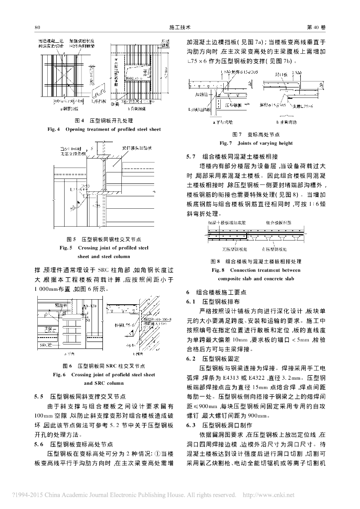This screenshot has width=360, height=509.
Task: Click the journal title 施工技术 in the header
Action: pos(180,27)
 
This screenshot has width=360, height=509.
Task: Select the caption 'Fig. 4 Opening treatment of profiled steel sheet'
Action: pos(104,129)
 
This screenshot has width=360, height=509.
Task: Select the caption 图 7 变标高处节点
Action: pos(256,135)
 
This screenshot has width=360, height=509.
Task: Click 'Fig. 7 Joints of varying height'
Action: pos(256,143)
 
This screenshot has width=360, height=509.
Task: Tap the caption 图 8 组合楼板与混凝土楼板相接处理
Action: pos(256,261)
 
